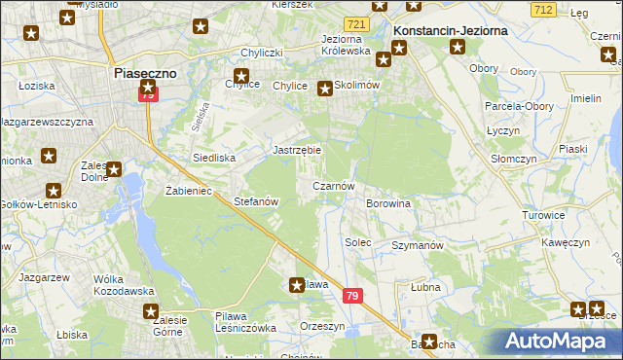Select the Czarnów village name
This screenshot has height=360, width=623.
[332, 185]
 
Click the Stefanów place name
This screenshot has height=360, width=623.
[257, 201]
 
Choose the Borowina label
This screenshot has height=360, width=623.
[387, 203]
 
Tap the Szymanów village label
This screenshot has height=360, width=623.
[417, 245]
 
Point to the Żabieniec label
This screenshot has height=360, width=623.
[189, 191]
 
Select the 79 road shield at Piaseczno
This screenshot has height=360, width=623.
[147, 95]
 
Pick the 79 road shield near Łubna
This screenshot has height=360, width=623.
[352, 297]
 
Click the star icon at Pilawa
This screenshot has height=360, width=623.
[297, 285]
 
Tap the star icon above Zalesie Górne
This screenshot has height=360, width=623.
[152, 311]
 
